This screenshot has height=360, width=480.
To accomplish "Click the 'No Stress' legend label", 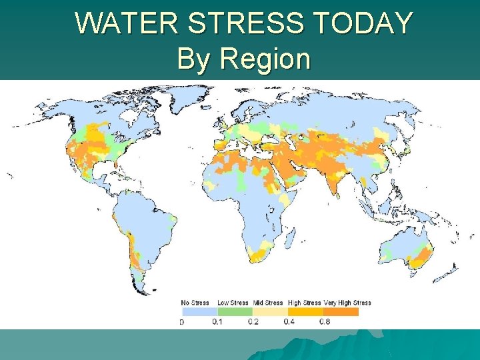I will (x=195, y=303).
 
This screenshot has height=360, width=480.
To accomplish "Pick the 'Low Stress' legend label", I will (x=233, y=303).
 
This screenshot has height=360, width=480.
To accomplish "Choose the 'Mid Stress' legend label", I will (x=269, y=303).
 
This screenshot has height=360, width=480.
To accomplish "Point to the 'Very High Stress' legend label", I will (x=347, y=303).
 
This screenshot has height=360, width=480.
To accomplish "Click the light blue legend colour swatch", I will (x=199, y=311).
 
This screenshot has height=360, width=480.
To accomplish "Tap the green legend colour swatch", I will (x=235, y=311).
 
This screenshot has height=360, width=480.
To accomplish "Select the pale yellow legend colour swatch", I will (x=270, y=311).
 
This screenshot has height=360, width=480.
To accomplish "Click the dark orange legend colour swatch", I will (x=341, y=311).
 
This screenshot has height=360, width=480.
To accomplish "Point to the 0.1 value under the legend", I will (x=218, y=322).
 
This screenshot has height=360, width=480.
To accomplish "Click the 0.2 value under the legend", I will (x=253, y=322).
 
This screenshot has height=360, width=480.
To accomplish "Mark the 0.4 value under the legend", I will (x=288, y=322).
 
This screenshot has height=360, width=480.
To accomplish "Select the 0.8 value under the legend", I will (x=323, y=322).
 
